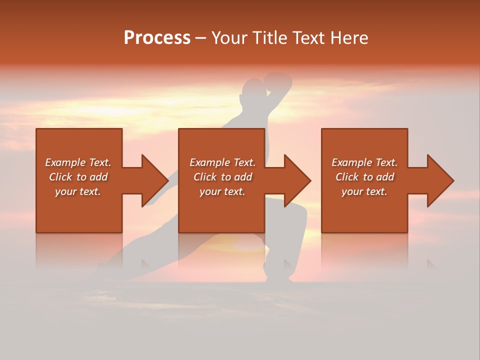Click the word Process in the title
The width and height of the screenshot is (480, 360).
coord(157,38)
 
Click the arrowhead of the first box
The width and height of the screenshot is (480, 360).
coord(154,180)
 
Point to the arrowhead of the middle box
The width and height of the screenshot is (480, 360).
coord(297,180)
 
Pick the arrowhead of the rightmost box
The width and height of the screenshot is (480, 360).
coord(440,180)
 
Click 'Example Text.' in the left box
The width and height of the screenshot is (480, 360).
coord(78,162)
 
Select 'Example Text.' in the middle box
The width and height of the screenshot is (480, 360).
coord(222,162)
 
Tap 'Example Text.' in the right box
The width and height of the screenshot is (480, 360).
coord(364,162)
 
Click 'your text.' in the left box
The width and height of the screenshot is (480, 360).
coord(78,191)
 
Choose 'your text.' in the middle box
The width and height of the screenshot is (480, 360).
coord(222,191)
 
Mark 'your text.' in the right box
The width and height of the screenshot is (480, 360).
coord(364,191)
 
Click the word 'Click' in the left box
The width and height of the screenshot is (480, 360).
coord(60,177)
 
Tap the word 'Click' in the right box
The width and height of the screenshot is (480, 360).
coord(347,177)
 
